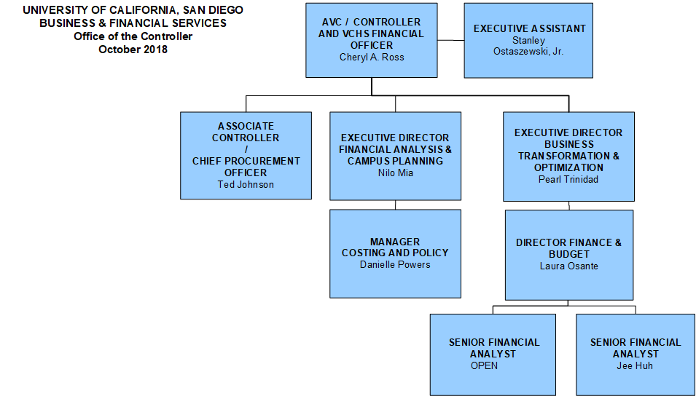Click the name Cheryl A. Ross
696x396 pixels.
371,57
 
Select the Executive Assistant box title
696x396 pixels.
529,28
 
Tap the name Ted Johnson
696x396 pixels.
246,184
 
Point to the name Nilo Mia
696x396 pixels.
395,173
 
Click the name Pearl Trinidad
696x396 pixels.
568,179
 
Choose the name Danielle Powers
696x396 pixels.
395,264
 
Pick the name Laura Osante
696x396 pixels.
568,266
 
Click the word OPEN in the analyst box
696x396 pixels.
484,365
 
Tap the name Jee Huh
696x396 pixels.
635,365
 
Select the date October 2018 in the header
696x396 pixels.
133,49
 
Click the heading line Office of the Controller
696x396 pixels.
133,36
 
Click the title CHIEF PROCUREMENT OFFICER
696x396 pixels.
246,167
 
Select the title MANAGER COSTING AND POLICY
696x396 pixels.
395,247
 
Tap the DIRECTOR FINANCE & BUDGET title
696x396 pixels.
568,248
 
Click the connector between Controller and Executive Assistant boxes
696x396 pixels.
450,40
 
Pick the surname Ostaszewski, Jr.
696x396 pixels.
529,52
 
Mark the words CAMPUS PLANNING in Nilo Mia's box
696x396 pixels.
395,161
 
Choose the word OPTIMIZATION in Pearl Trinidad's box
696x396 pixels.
568,167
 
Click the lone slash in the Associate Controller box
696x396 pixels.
246,149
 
